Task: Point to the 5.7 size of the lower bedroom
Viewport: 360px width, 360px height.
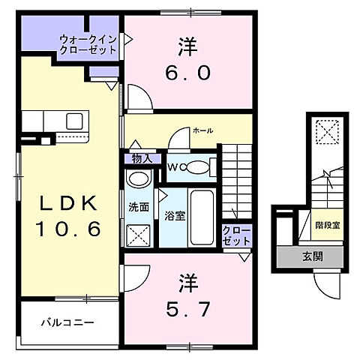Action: coord(183,307)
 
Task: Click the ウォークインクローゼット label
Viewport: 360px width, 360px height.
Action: coord(88,45)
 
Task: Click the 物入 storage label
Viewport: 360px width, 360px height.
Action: coord(141,158)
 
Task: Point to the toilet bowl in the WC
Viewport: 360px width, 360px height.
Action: coord(199,167)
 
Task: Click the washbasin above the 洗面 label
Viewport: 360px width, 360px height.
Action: coord(138,179)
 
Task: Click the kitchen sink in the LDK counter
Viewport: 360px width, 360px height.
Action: coord(75,120)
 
